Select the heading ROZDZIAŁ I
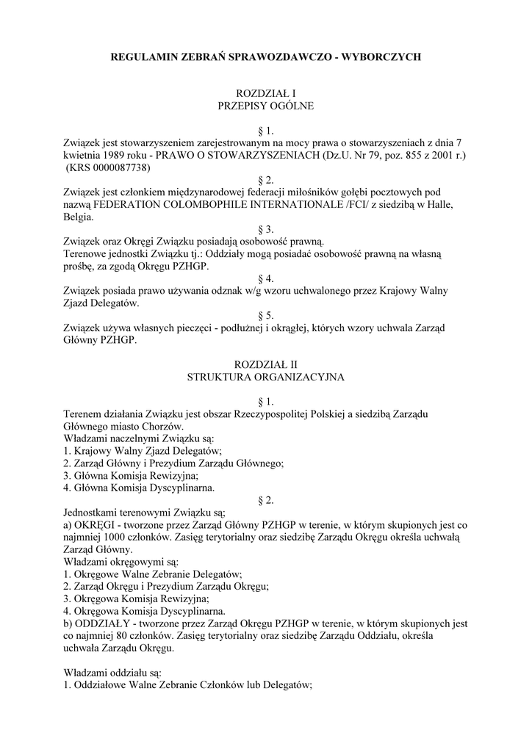pos(265,93)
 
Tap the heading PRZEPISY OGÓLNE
pos(265,106)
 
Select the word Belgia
pos(79,218)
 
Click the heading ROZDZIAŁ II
pos(265,364)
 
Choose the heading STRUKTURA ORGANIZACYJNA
pos(265,377)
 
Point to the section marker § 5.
pos(265,315)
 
